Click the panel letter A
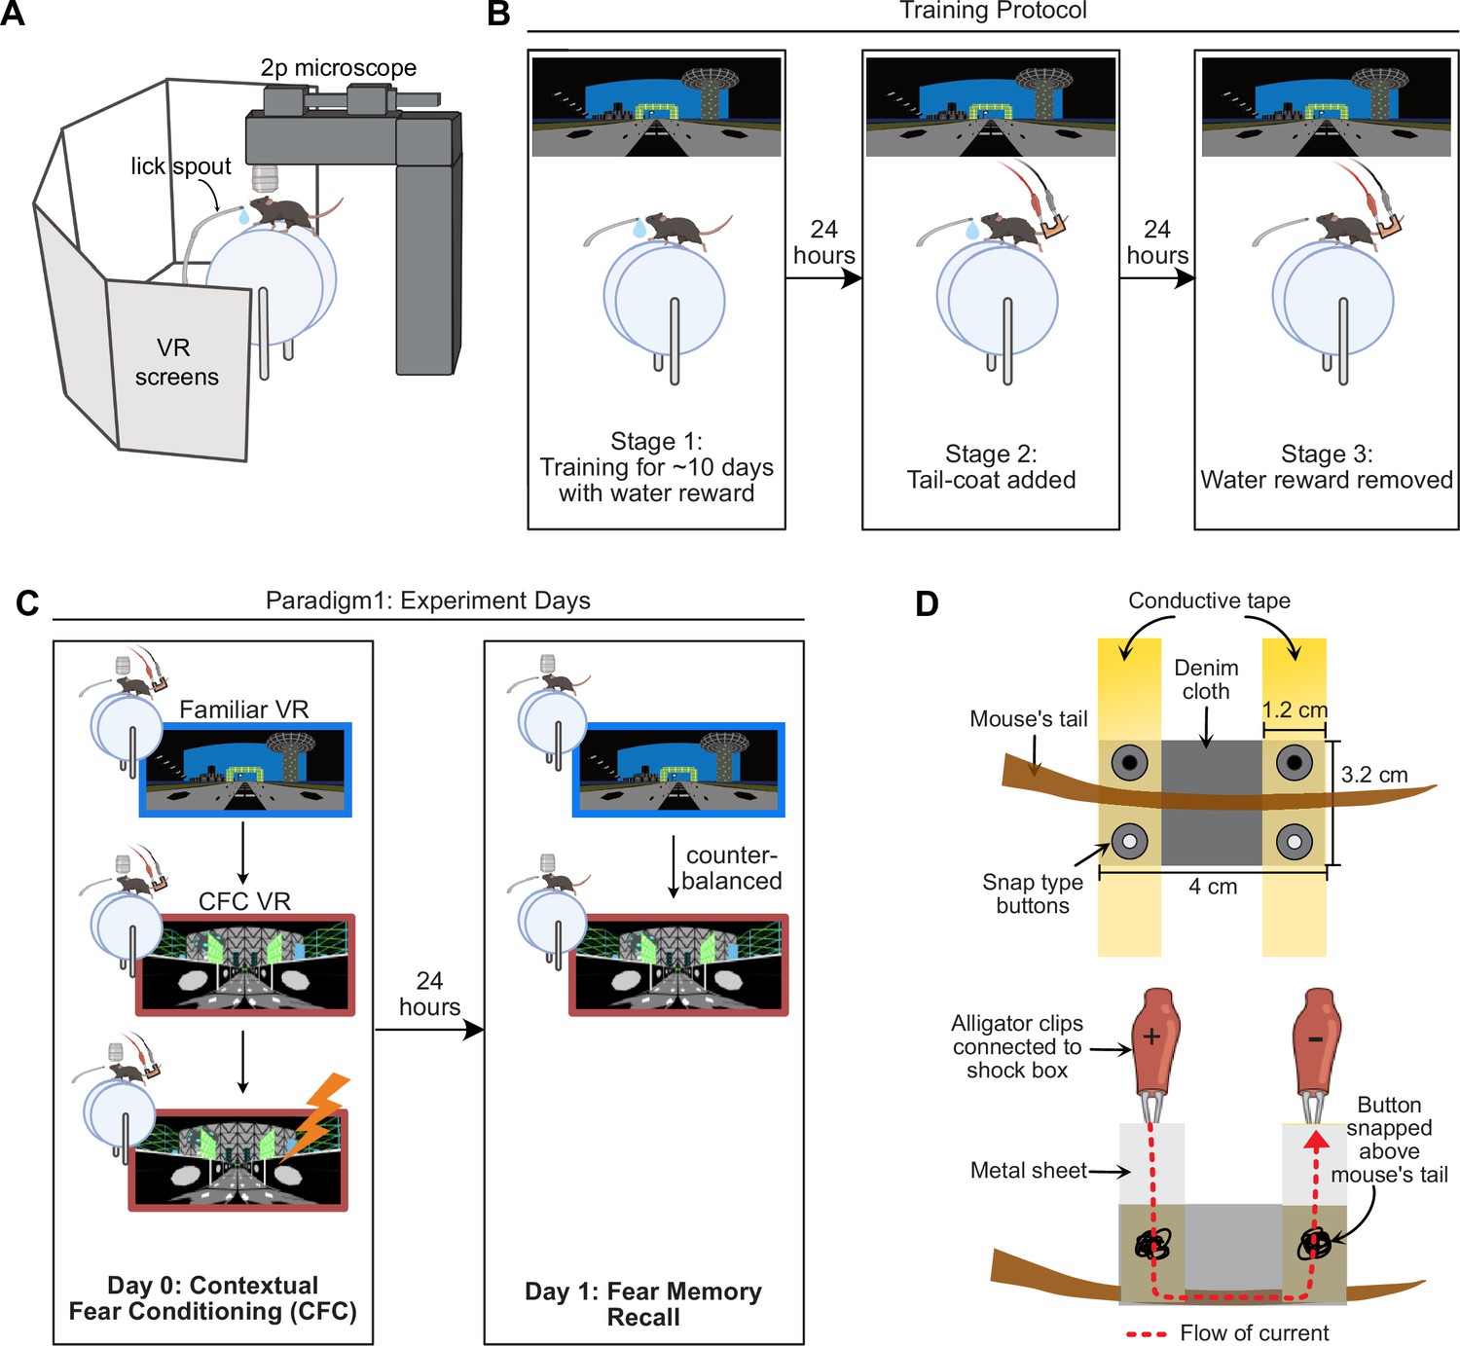point(13,14)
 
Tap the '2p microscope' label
point(338,67)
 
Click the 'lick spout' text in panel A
point(181,166)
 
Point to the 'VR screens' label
point(176,362)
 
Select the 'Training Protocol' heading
point(993,11)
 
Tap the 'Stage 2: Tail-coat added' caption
point(991,467)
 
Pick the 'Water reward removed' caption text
point(1327,480)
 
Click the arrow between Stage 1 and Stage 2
point(824,278)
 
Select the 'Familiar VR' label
point(244,709)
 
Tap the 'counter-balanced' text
point(732,868)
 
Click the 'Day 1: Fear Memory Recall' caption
point(643,1304)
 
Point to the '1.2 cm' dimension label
point(1295,709)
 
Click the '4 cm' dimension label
point(1213,887)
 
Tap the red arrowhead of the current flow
point(1316,1140)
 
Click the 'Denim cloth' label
point(1206,679)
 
